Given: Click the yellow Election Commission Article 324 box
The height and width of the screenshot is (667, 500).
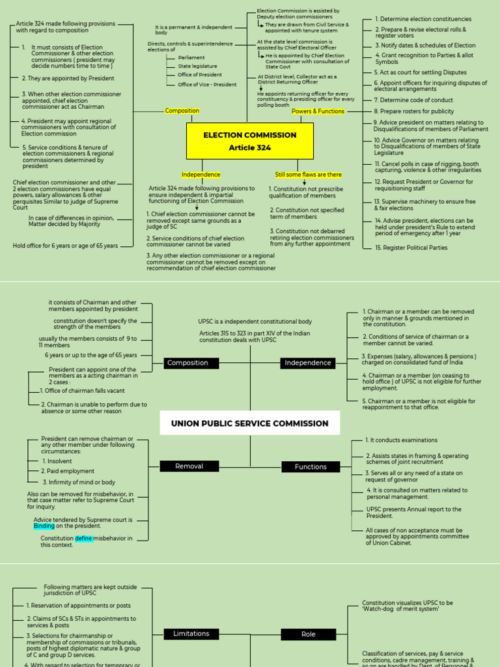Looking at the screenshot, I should coord(249,141).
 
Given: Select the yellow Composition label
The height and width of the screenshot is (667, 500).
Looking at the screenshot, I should coord(182,111).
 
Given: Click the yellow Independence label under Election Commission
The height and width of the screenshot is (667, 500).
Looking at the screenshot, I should coord(201,175).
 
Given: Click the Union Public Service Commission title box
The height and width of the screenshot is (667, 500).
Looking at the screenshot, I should coord(249,423).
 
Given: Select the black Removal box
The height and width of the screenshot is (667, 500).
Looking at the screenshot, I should coord(188,466).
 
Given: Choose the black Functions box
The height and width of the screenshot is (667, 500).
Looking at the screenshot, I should coord(311,466).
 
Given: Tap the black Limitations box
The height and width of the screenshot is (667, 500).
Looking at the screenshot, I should coord(191,633).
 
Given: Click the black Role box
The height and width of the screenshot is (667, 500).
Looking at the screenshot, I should coord(309,634).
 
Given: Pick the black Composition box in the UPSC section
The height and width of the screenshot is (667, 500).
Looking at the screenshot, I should coord(187,363).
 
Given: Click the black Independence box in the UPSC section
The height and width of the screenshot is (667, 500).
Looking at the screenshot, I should coord(308,363).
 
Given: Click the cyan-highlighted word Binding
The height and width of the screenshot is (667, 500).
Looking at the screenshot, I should coord(44,526).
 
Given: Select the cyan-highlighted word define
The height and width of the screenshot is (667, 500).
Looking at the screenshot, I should coord(83,539).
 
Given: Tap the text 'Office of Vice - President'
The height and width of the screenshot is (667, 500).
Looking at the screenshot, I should coord(207,85).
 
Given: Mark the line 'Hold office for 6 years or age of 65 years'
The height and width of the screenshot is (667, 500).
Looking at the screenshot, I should coord(65,246).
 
